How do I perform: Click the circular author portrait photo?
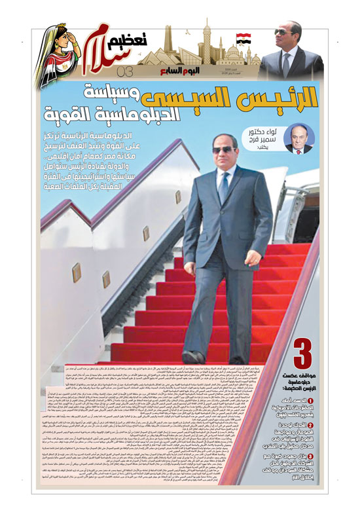coord(298,138)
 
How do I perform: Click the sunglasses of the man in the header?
coord(283,31)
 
